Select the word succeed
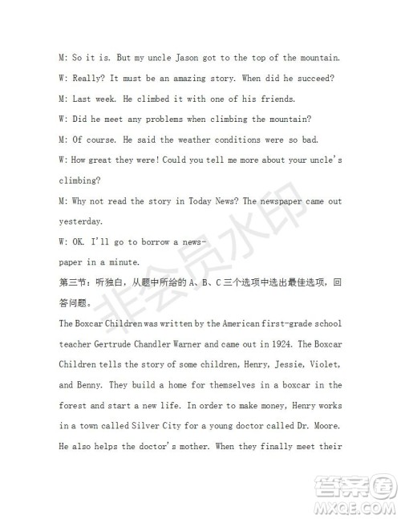pos(315,79)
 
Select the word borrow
pos(150,241)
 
